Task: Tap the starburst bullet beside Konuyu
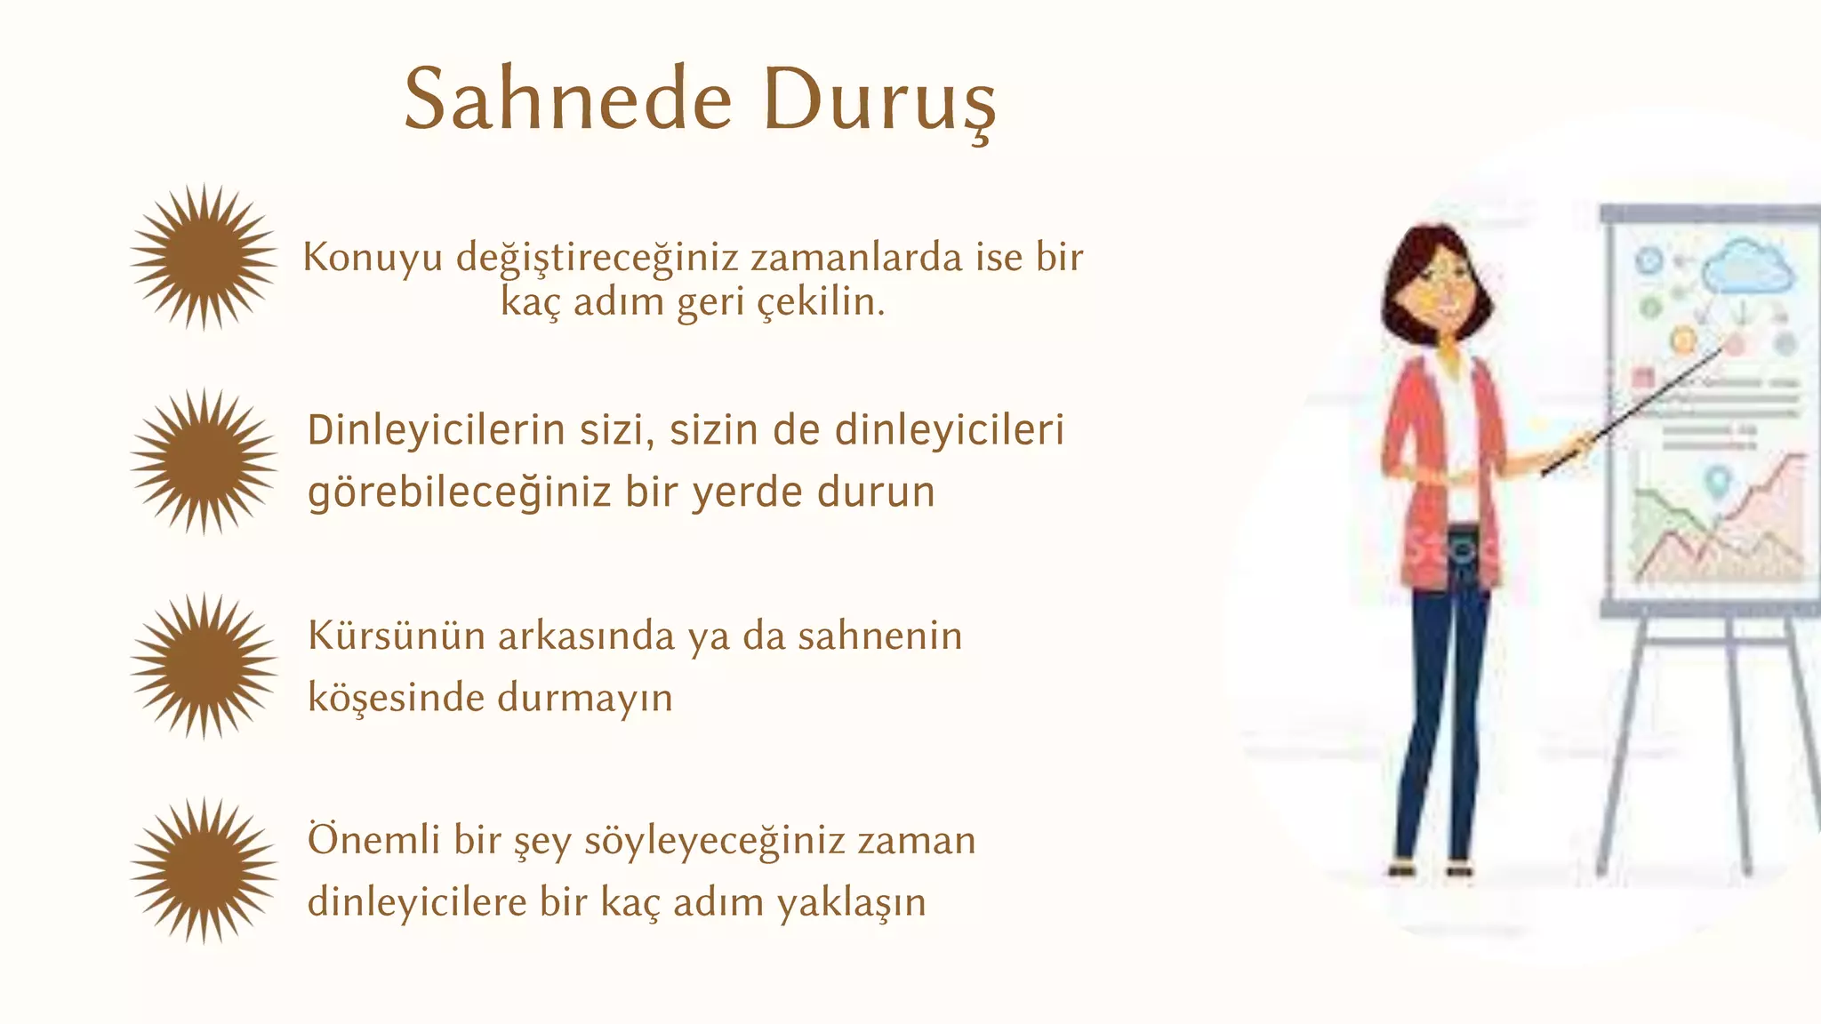(x=204, y=257)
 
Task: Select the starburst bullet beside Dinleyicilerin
(x=204, y=461)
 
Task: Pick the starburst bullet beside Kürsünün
(x=204, y=666)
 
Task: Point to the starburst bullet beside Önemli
(x=204, y=870)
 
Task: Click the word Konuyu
(x=373, y=259)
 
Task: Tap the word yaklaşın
(x=851, y=903)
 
